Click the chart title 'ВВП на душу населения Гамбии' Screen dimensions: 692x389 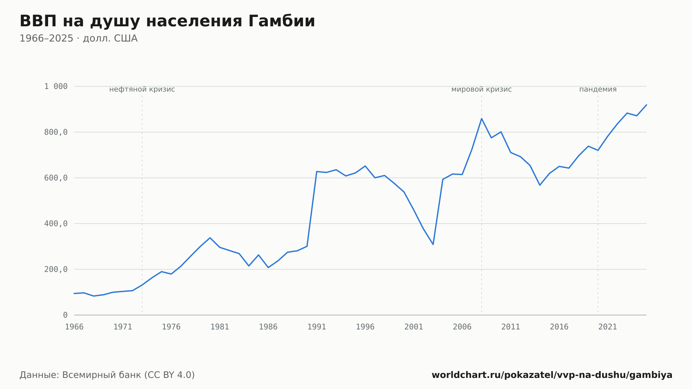pos(167,21)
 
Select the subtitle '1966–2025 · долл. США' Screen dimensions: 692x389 pos(79,38)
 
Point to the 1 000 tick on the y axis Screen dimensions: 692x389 pos(56,87)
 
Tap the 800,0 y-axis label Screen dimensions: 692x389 pos(56,132)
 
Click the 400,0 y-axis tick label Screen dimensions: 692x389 pos(56,224)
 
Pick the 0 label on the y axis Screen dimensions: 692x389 pos(65,315)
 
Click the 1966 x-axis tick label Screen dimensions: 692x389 pos(74,327)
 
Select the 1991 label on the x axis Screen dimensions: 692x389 pos(317,327)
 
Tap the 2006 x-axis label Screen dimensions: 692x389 pos(462,327)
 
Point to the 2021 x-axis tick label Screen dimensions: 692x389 pos(608,327)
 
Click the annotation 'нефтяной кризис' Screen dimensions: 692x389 pos(142,90)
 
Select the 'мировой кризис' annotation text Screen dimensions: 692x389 pos(482,90)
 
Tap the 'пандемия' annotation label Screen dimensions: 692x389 pos(598,90)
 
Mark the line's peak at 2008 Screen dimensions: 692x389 pos(482,119)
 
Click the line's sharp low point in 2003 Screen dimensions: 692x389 pos(433,244)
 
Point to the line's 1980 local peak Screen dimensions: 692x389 pos(210,238)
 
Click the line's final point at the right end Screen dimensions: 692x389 pos(646,105)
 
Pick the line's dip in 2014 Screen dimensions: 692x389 pos(540,185)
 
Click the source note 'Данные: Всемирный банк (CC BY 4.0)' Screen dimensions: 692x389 pos(107,375)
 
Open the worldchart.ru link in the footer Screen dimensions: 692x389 pos(552,375)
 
